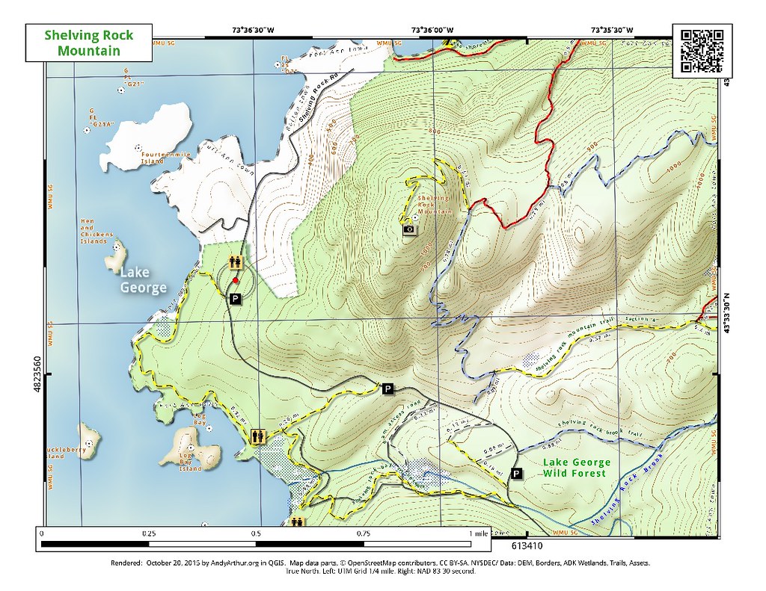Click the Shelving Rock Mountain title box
(x=88, y=43)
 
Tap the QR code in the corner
(x=703, y=52)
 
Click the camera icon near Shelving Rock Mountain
(x=409, y=230)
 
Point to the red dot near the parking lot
(x=236, y=281)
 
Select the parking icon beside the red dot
(x=235, y=299)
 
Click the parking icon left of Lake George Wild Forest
(x=516, y=474)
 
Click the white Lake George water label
(x=143, y=281)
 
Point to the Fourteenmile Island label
(x=166, y=158)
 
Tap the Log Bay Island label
(x=191, y=465)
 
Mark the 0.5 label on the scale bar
(x=256, y=534)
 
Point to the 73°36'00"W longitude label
(x=432, y=31)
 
